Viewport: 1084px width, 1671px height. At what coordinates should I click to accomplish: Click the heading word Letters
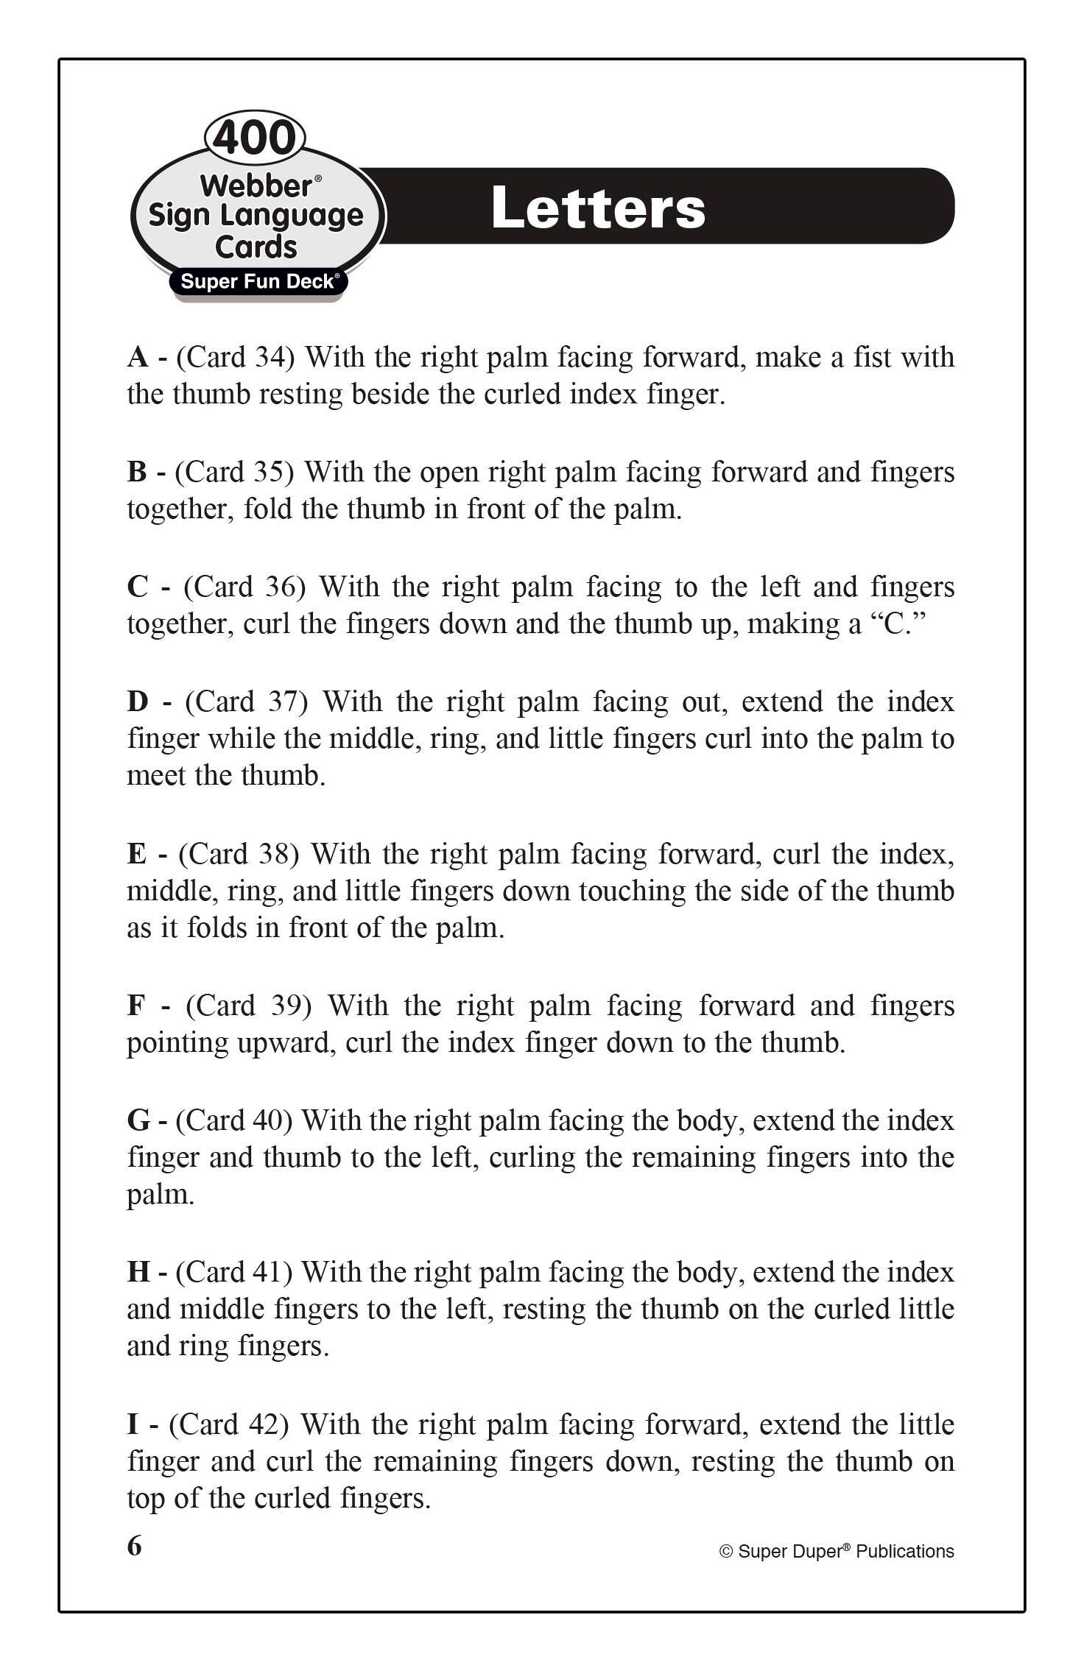point(598,208)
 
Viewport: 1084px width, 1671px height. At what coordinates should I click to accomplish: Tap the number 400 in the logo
point(255,138)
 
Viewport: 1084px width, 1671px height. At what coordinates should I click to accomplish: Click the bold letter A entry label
point(138,358)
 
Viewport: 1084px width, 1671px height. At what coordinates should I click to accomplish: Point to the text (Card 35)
point(234,473)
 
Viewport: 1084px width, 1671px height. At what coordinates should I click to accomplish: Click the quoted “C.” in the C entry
point(898,624)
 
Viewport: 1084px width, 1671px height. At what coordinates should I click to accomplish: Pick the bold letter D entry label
point(138,702)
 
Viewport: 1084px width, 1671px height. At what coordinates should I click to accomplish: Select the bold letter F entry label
point(136,1006)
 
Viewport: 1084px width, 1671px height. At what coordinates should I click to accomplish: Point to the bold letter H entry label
point(138,1272)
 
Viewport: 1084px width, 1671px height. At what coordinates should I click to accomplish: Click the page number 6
point(134,1546)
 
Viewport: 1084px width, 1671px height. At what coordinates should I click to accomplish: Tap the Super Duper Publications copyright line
point(837,1552)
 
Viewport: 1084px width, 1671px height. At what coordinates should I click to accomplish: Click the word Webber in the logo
point(256,186)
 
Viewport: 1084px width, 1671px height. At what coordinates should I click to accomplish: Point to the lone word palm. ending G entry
point(161,1195)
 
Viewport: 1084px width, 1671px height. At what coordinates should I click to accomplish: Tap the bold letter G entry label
point(138,1120)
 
